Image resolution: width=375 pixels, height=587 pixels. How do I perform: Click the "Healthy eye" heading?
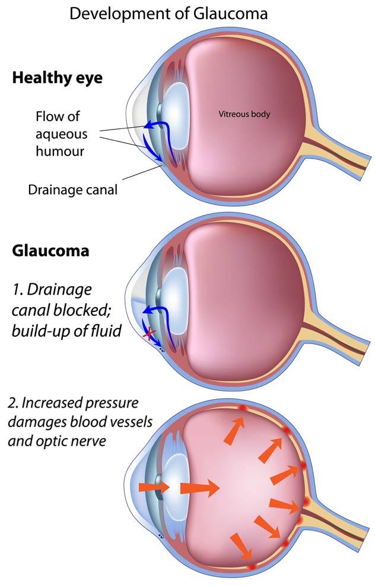(57, 78)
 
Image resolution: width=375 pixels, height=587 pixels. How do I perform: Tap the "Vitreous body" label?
(244, 113)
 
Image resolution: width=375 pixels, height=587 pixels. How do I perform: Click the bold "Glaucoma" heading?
(50, 251)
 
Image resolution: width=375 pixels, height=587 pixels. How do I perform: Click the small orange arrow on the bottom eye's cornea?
(149, 487)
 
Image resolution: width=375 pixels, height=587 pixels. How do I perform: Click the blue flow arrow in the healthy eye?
(155, 128)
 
